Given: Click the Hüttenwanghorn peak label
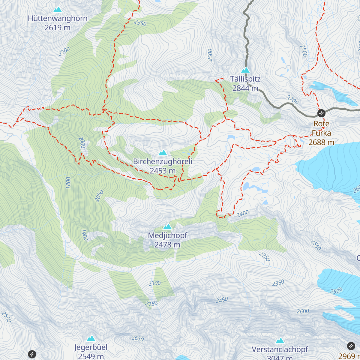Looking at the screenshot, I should coord(58,18).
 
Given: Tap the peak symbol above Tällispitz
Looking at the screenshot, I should coord(246,70).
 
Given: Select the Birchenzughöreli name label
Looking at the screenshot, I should coord(163,161).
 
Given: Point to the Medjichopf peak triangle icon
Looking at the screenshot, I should coord(167,226).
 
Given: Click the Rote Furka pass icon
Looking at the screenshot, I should coord(321,113).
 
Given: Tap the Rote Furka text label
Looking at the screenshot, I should coord(321,128).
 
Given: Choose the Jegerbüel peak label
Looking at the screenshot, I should coord(91,347).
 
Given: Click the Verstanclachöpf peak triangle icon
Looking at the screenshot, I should coord(280,340).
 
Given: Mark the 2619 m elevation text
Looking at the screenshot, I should coord(58,28).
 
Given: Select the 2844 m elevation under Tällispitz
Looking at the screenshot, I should coord(245,88).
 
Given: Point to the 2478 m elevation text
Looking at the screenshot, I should coord(167,245).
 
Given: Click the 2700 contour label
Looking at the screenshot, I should coord(293,100).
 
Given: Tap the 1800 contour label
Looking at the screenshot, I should coord(68,182).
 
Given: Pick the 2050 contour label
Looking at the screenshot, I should coord(99,196).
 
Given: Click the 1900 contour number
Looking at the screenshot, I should coord(85,235).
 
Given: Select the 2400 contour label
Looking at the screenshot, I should coord(243,213).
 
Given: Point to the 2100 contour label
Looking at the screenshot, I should coord(154,283).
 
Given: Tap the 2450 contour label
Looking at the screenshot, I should coord(222,300).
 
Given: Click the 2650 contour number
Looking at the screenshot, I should coord(138,338).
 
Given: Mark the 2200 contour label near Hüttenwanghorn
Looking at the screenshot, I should coord(64,51).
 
